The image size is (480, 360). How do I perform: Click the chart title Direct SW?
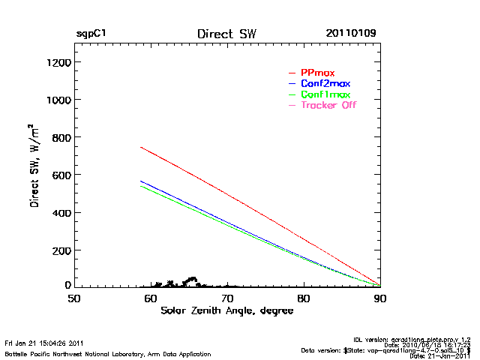(226, 34)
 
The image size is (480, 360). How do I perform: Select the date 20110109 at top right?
(351, 34)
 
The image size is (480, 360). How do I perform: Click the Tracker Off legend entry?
(328, 105)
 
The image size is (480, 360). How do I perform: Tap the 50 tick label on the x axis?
(74, 298)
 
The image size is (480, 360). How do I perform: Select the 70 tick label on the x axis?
(227, 298)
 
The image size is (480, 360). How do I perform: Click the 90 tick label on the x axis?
(380, 298)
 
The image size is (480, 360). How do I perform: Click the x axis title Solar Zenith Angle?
(226, 311)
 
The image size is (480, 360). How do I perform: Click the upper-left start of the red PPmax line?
(141, 147)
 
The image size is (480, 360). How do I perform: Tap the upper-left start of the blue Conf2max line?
(141, 181)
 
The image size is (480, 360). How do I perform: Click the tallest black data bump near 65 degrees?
(193, 279)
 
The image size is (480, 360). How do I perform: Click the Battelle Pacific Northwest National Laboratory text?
(108, 353)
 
